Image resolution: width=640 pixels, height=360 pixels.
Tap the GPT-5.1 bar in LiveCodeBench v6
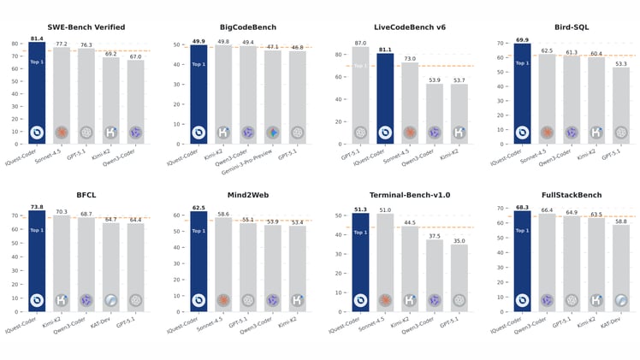point(360,95)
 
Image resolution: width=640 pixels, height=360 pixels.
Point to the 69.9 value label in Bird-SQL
point(521,39)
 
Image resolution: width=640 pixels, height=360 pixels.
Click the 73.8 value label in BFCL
point(37,207)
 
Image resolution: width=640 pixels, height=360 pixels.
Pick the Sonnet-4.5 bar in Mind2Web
point(222,265)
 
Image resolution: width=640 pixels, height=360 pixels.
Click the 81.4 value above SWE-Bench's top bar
point(37,38)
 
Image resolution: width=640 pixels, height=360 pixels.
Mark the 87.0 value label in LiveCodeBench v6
point(360,43)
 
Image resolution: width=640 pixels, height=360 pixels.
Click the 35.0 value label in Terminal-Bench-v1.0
point(459,241)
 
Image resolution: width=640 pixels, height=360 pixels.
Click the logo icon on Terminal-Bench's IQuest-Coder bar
point(360,300)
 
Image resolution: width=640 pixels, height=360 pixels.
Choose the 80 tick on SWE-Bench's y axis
point(16,43)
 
